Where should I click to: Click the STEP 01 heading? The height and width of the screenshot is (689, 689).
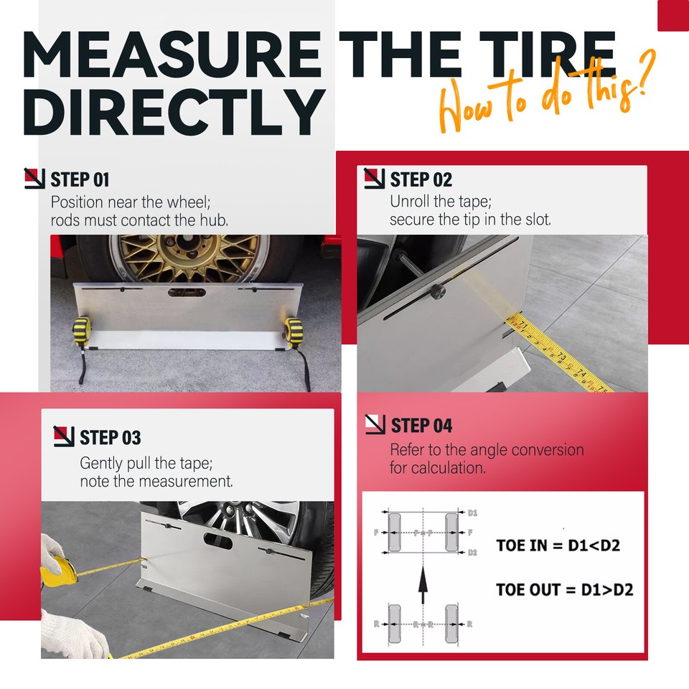click(x=80, y=179)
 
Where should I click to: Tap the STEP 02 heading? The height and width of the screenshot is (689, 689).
click(x=421, y=179)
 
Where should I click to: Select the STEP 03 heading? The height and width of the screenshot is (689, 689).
click(x=110, y=437)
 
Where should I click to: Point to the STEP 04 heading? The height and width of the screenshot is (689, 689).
click(x=421, y=426)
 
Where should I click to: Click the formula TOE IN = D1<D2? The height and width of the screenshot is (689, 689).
click(x=558, y=545)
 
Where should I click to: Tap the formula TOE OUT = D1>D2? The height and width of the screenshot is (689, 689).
click(x=564, y=589)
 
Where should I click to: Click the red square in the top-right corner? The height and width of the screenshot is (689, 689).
click(x=672, y=15)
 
